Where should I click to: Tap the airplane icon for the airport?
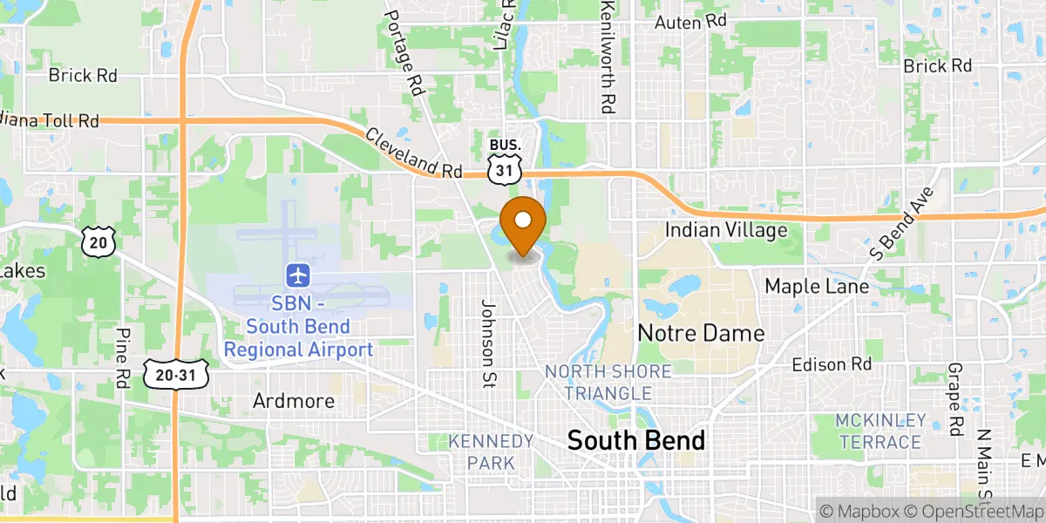tap(298, 275)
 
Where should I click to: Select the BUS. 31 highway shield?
tap(505, 162)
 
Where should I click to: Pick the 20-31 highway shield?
tap(176, 373)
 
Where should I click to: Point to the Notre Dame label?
tap(701, 333)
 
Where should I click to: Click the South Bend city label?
tap(635, 440)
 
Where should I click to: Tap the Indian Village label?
tap(726, 230)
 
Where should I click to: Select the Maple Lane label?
tap(817, 286)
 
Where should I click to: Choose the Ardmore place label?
tap(294, 401)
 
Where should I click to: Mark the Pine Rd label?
tap(123, 357)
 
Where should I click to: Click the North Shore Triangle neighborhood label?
tap(608, 382)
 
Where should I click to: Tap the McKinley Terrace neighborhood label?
tap(880, 431)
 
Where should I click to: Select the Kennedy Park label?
tap(491, 452)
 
